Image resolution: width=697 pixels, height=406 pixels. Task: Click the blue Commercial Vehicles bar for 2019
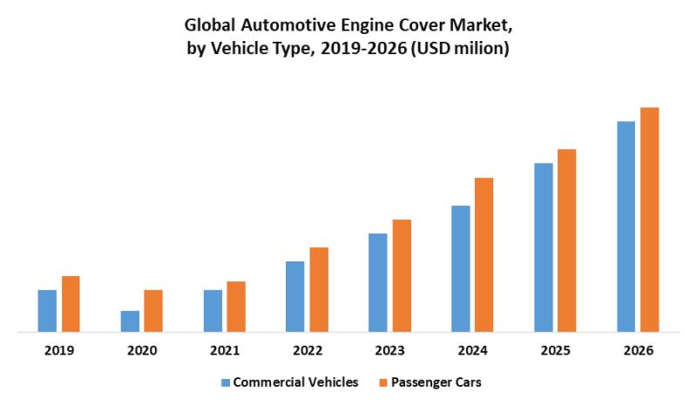[x=47, y=311]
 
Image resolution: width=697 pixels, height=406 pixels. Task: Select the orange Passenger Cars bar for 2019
[x=71, y=304]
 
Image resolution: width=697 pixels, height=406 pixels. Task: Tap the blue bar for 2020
[x=130, y=321]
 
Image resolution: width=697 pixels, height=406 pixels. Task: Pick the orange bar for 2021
[x=236, y=307]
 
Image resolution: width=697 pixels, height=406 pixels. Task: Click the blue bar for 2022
[x=295, y=296]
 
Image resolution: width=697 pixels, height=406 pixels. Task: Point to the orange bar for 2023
[x=402, y=275]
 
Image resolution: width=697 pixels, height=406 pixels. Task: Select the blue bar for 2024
[x=461, y=268]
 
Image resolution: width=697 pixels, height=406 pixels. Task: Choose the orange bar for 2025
[x=567, y=240]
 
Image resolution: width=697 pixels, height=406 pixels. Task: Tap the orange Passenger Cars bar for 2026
[x=650, y=220]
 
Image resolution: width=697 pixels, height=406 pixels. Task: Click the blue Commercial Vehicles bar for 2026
[x=626, y=227]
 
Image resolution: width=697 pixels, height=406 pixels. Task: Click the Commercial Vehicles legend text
[x=296, y=382]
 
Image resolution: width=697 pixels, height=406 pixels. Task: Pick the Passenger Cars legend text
[x=436, y=382]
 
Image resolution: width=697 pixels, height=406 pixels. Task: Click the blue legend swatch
[x=226, y=382]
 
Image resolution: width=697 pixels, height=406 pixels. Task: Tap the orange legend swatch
[x=382, y=382]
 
